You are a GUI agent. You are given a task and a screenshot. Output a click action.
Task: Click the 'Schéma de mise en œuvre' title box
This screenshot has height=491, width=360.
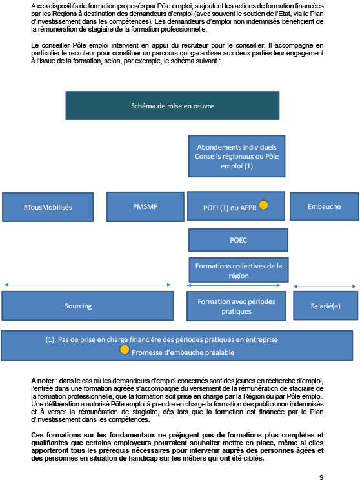coord(172,106)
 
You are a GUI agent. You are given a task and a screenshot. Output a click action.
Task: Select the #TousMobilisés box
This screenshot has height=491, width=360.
coord(48,207)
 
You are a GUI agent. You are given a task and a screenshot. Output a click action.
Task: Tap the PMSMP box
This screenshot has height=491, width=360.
coord(145,206)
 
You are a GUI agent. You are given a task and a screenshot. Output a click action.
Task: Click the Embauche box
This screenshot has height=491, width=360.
coord(325,206)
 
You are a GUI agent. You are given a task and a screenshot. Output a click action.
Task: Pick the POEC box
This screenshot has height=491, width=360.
coord(238,240)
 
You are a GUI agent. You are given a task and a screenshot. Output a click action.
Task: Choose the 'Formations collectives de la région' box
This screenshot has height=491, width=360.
coord(239,270)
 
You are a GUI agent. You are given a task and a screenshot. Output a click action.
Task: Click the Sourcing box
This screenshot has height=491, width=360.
coord(87,306)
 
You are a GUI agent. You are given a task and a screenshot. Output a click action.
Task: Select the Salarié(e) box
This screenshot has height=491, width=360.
coord(326,306)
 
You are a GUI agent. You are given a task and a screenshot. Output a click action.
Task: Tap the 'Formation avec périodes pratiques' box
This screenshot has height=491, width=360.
coord(236,306)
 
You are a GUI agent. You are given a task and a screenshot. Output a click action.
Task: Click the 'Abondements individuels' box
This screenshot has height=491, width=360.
coord(237,156)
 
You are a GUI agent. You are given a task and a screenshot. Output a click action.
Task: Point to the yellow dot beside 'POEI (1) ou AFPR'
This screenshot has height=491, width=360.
coord(264,205)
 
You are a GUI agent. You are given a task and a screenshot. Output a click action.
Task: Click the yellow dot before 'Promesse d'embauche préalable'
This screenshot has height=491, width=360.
coord(125,350)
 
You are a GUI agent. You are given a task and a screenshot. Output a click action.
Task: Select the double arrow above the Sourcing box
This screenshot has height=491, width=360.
coord(87,285)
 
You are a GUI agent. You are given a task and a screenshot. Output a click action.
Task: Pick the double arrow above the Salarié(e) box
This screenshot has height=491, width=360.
coord(325,286)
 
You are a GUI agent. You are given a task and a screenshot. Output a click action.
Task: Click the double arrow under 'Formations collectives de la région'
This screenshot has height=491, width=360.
coord(234,285)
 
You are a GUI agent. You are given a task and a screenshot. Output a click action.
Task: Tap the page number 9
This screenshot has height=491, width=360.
coord(321,477)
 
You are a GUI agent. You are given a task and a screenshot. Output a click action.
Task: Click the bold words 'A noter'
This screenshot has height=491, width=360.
coord(43,381)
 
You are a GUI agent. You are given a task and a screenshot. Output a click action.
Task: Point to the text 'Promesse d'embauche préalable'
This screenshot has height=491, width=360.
coord(183,352)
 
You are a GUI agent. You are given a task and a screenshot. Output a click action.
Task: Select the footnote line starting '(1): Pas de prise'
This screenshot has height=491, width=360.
coord(161,340)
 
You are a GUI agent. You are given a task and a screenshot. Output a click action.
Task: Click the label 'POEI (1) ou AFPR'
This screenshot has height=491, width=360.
coord(230,208)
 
